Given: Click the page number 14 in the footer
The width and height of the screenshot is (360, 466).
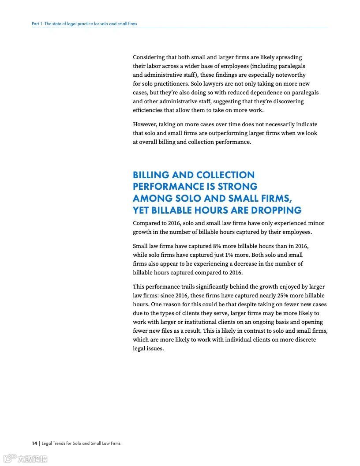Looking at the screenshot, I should pyautogui.click(x=34, y=443).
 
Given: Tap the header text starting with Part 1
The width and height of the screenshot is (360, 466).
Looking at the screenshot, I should pyautogui.click(x=84, y=23).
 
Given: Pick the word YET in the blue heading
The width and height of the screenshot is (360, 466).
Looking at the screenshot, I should pyautogui.click(x=142, y=210).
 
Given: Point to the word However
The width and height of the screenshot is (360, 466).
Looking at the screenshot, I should pyautogui.click(x=145, y=124).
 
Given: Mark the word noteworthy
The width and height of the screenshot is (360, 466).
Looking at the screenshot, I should pyautogui.click(x=291, y=75).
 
